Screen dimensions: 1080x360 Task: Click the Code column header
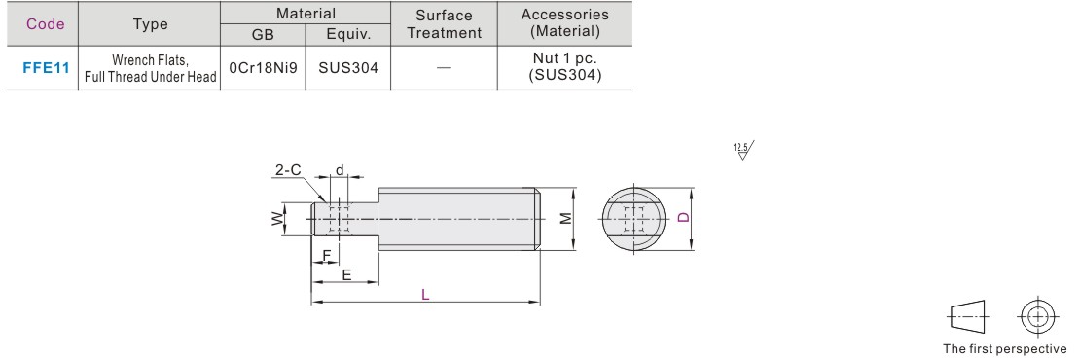[46, 24]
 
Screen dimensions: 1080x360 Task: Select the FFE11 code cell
[46, 68]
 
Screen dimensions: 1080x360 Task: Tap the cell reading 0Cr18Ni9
[263, 68]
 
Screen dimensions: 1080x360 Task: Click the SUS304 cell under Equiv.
[347, 68]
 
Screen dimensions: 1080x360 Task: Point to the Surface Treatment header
[445, 24]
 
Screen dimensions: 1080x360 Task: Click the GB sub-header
[263, 34]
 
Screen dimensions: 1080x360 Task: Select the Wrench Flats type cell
[151, 68]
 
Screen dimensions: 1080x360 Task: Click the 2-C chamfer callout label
[288, 169]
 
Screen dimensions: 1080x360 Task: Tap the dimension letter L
[425, 294]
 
